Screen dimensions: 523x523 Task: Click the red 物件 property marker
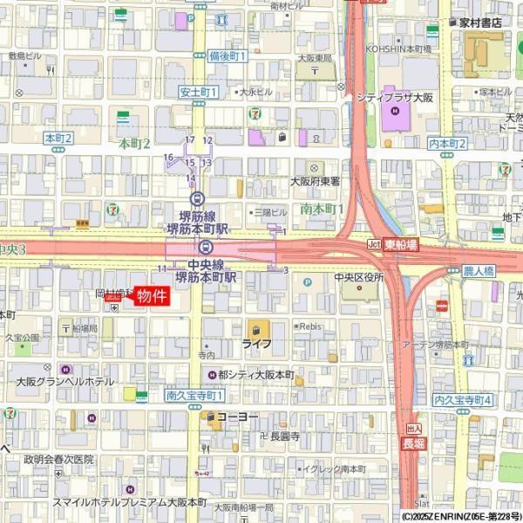148,296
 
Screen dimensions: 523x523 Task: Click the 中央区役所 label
359,278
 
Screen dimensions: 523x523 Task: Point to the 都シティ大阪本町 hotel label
256,375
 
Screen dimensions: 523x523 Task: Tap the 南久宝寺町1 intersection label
190,396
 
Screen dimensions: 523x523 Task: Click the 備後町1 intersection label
228,56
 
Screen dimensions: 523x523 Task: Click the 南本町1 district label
322,210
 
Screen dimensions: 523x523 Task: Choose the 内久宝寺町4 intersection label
463,399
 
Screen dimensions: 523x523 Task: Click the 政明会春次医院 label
58,458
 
